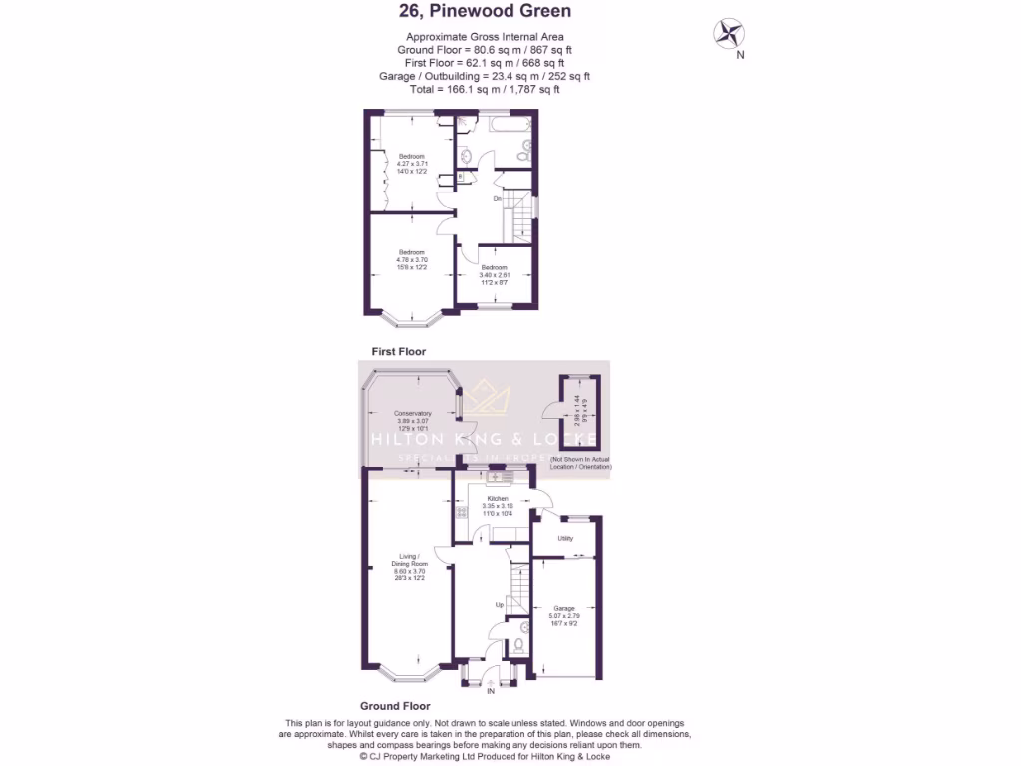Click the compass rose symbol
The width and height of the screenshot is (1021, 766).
pyautogui.click(x=729, y=34)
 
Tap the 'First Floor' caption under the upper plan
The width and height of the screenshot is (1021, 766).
pyautogui.click(x=398, y=352)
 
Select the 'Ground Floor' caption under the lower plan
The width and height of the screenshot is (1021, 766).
pyautogui.click(x=395, y=706)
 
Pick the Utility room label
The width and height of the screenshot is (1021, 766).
pyautogui.click(x=565, y=538)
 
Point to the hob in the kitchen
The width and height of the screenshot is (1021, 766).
pyautogui.click(x=461, y=513)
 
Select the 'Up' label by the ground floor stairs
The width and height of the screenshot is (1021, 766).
pyautogui.click(x=500, y=605)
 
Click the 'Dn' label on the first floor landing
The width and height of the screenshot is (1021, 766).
pyautogui.click(x=497, y=198)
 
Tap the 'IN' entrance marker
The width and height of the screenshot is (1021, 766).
pyautogui.click(x=490, y=690)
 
